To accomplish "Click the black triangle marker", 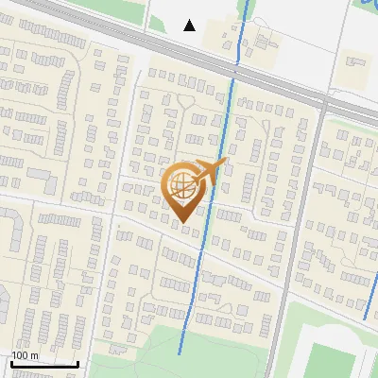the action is coord(190,26).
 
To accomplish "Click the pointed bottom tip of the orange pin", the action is coord(182,221).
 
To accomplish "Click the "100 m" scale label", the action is coord(25,355).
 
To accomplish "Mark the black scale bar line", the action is coord(43,364).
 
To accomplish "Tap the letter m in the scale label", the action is coord(34,355).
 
